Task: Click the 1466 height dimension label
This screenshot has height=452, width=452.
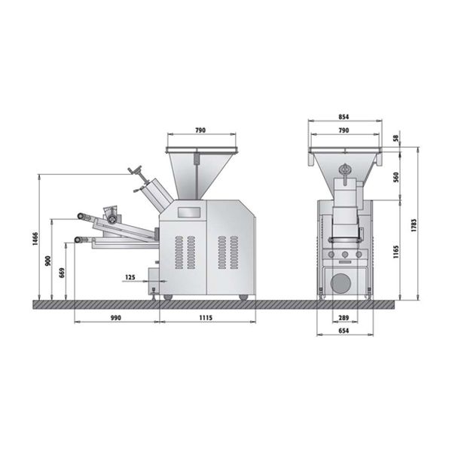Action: [x=35, y=238]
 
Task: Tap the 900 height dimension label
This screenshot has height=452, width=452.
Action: [x=48, y=261]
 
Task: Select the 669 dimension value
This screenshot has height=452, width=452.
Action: [x=62, y=273]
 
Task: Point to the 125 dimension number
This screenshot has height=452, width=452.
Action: [x=130, y=277]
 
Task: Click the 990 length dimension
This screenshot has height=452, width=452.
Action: [x=116, y=318]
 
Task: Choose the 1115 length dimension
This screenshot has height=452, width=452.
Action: [x=206, y=318]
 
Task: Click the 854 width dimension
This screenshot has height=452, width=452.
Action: [x=344, y=117]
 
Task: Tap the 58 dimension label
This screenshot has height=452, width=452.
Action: [x=397, y=138]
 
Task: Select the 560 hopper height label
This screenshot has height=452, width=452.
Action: [x=396, y=177]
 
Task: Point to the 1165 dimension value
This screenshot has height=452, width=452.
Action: [x=396, y=252]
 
